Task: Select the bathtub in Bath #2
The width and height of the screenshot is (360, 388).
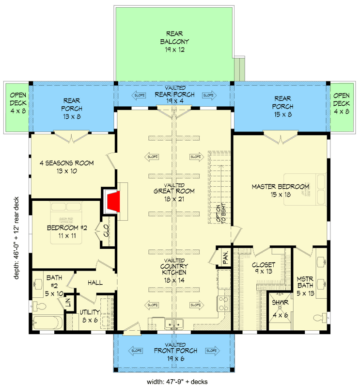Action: pyautogui.click(x=47, y=323)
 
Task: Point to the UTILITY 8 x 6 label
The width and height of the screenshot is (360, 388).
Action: pyautogui.click(x=90, y=315)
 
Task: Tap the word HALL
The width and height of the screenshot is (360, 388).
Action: pyautogui.click(x=95, y=282)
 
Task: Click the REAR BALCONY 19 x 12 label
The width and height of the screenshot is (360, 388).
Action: pyautogui.click(x=174, y=42)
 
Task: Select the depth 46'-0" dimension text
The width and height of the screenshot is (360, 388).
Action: pyautogui.click(x=16, y=238)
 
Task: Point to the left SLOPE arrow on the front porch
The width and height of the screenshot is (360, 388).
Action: pyautogui.click(x=136, y=350)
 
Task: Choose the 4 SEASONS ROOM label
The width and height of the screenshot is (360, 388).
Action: pyautogui.click(x=67, y=167)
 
